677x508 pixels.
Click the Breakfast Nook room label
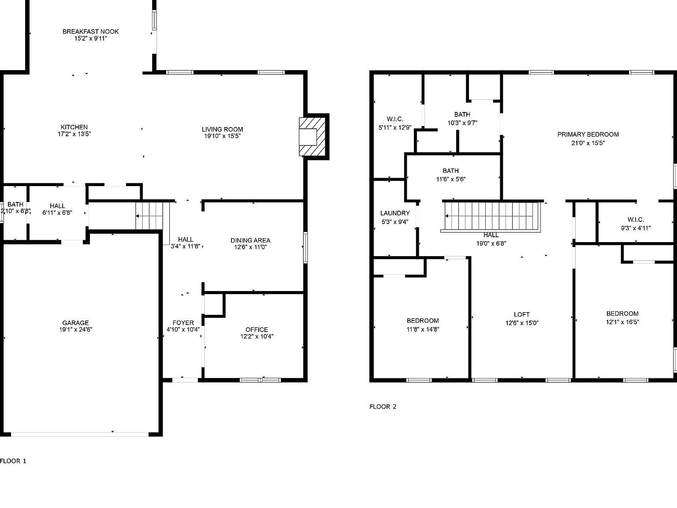pyautogui.click(x=90, y=31)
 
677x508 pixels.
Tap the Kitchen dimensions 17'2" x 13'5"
pyautogui.click(x=74, y=134)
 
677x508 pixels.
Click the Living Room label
pyautogui.click(x=223, y=129)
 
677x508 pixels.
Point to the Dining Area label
pyautogui.click(x=250, y=240)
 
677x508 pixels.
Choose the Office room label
pyautogui.click(x=257, y=329)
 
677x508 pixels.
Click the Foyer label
pyautogui.click(x=183, y=323)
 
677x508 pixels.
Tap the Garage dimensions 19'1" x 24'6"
pyautogui.click(x=75, y=329)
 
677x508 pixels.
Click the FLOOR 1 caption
pyautogui.click(x=13, y=461)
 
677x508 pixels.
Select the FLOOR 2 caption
pyautogui.click(x=383, y=407)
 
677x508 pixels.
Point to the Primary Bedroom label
pyautogui.click(x=588, y=134)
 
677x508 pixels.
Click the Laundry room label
pyautogui.click(x=395, y=213)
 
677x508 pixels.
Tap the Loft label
pyautogui.click(x=522, y=314)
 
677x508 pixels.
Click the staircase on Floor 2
pyautogui.click(x=491, y=216)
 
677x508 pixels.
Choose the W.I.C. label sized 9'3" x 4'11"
pyautogui.click(x=636, y=220)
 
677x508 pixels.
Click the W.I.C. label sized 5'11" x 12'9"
pyautogui.click(x=395, y=119)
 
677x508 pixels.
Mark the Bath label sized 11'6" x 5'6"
pyautogui.click(x=450, y=171)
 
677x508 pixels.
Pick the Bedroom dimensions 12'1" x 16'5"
pyautogui.click(x=622, y=322)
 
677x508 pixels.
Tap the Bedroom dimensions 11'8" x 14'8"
pyautogui.click(x=423, y=329)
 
